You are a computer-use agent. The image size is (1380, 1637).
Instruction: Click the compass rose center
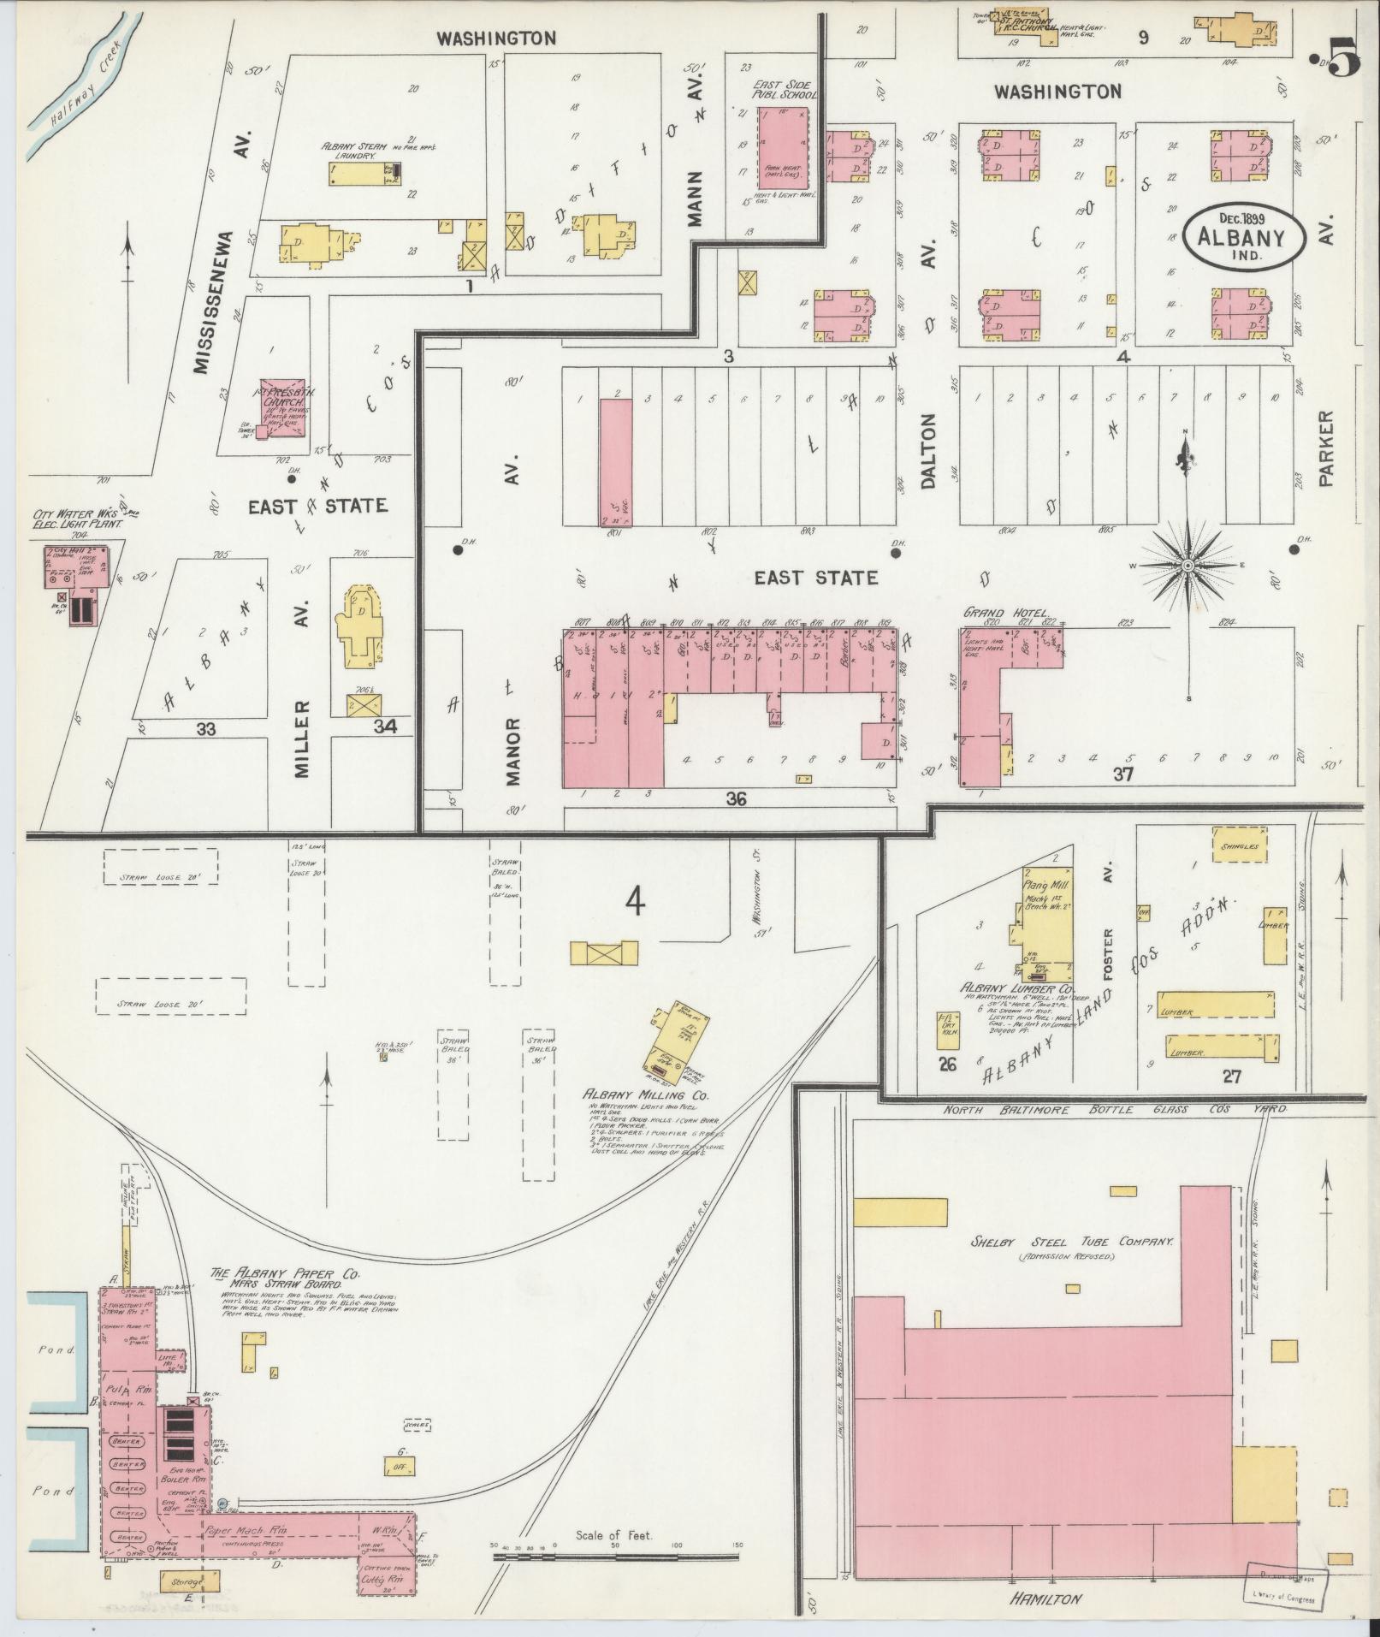1188,566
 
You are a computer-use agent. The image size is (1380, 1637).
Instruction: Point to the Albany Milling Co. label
647,1095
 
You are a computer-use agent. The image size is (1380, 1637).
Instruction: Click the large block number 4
634,901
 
